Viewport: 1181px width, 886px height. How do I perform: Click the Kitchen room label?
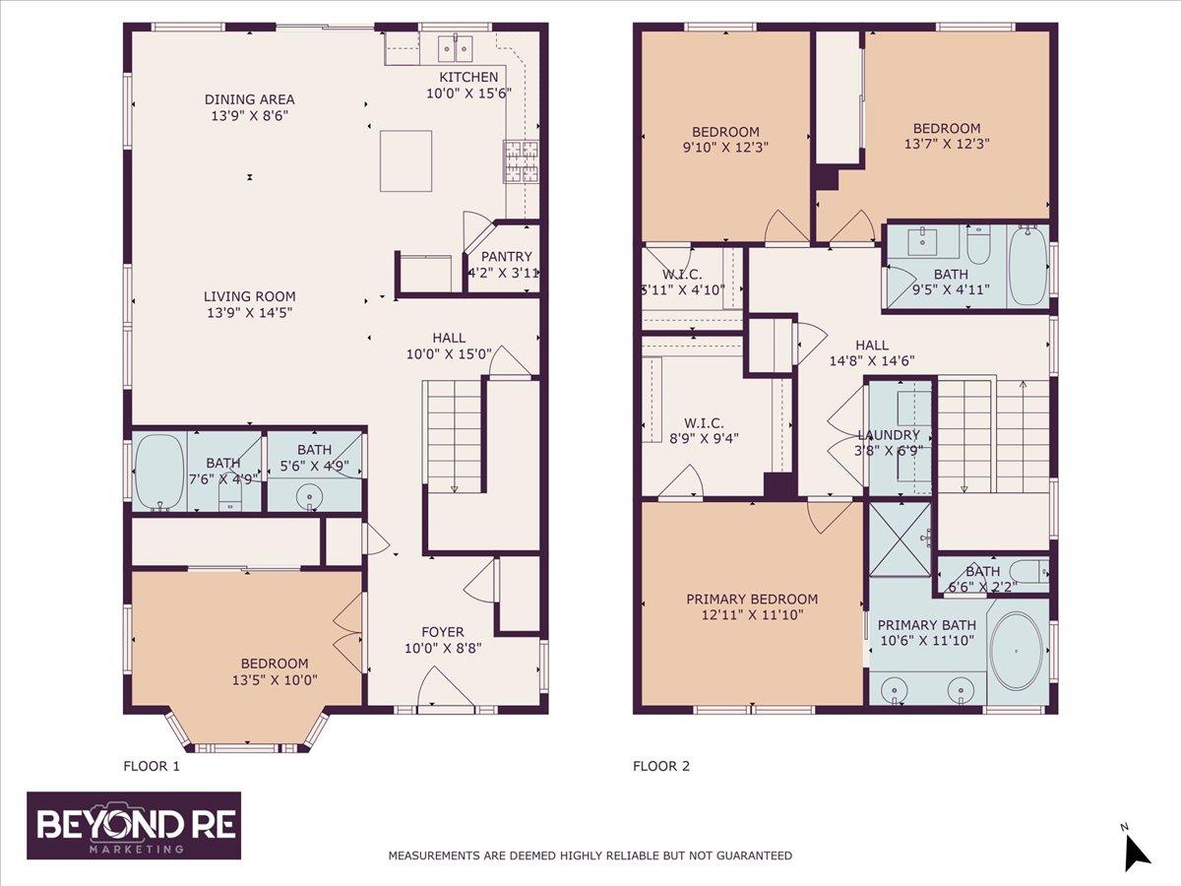point(468,77)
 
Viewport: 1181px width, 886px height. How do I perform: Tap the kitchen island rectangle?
point(405,160)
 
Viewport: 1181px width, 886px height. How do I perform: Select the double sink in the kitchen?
point(456,49)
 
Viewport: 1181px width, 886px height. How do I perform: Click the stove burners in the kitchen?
point(521,160)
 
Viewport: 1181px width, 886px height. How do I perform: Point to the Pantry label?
point(506,257)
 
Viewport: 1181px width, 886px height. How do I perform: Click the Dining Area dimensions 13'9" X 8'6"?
point(250,115)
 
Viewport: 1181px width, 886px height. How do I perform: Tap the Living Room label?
point(250,296)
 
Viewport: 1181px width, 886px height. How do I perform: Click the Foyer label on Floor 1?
point(443,632)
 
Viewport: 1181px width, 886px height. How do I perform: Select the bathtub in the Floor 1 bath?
point(159,472)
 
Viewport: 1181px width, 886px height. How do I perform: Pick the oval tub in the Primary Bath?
point(1017,652)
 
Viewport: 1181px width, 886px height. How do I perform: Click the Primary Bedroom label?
point(752,599)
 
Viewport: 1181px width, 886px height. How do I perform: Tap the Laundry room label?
point(889,435)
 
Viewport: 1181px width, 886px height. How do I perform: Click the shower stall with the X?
point(900,539)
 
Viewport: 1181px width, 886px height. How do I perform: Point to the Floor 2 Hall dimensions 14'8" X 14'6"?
point(872,361)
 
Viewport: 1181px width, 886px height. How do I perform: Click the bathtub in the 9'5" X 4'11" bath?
point(1027,266)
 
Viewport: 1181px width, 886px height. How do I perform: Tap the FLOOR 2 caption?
point(661,766)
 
